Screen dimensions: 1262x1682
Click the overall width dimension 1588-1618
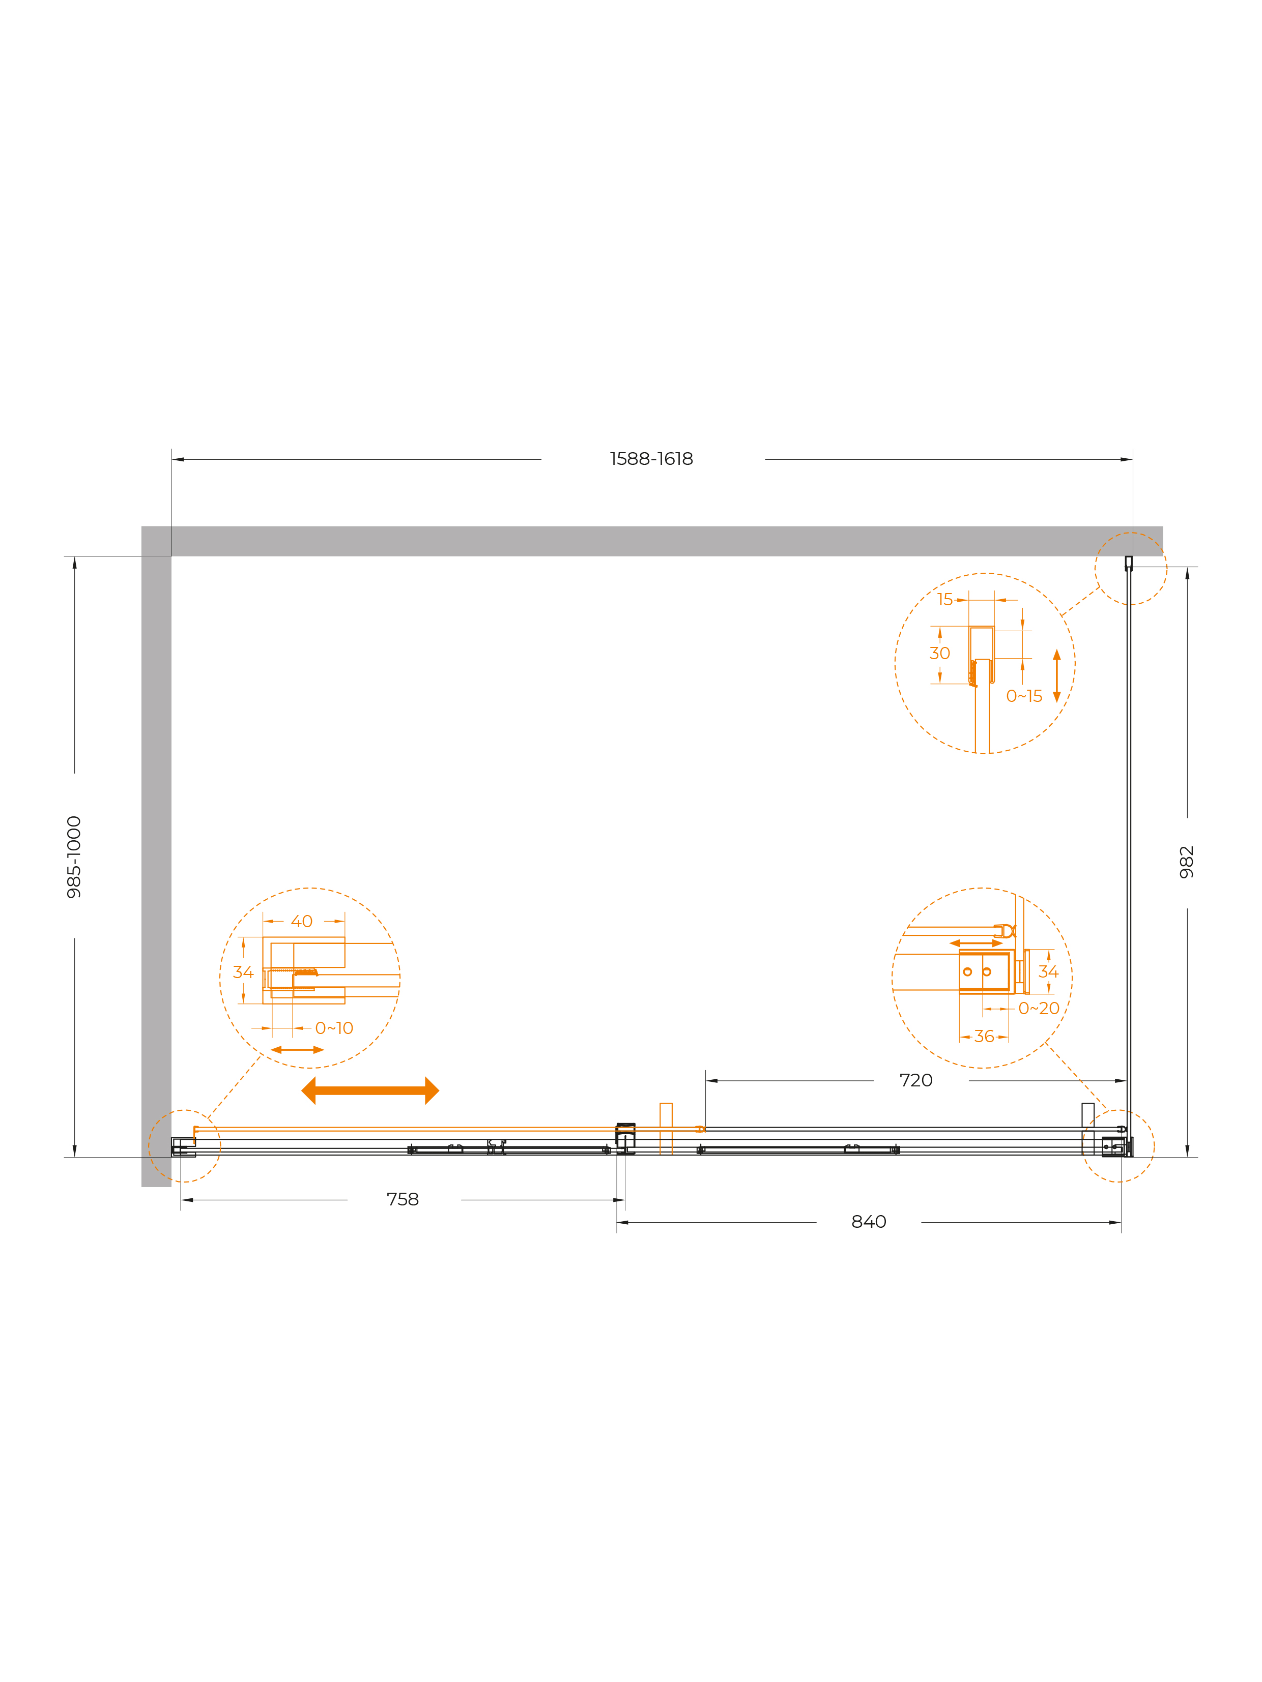pyautogui.click(x=651, y=459)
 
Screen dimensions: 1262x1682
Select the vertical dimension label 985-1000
pyautogui.click(x=74, y=857)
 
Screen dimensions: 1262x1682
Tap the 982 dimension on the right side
pyautogui.click(x=1187, y=862)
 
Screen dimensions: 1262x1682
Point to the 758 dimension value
pyautogui.click(x=403, y=1199)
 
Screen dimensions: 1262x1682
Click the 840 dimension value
pyautogui.click(x=869, y=1222)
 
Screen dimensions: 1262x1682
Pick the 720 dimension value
pyautogui.click(x=916, y=1080)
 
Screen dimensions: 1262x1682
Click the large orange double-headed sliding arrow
pyautogui.click(x=370, y=1090)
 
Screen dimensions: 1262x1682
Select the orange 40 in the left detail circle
pyautogui.click(x=302, y=922)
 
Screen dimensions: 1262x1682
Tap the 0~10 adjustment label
pyautogui.click(x=334, y=1028)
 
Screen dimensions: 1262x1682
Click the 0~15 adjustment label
pyautogui.click(x=1024, y=696)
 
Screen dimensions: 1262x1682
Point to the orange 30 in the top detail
pyautogui.click(x=939, y=653)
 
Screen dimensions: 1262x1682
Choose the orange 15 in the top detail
pyautogui.click(x=945, y=599)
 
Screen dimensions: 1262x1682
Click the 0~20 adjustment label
pyautogui.click(x=1039, y=1008)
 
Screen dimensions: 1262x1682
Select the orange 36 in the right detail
pyautogui.click(x=984, y=1037)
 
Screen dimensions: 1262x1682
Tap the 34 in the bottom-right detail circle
pyautogui.click(x=1048, y=972)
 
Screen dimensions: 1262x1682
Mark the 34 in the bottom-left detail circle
pyautogui.click(x=243, y=972)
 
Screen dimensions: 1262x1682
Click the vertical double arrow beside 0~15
pyautogui.click(x=1056, y=676)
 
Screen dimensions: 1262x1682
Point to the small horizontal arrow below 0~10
pyautogui.click(x=297, y=1050)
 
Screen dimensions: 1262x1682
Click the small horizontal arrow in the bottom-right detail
pyautogui.click(x=976, y=943)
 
